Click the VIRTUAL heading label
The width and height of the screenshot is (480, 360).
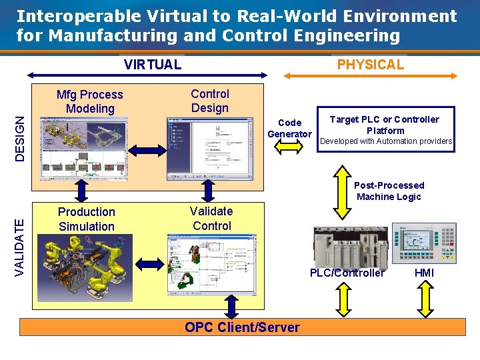153,65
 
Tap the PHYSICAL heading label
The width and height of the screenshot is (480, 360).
370,65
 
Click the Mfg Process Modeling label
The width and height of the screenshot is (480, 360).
90,101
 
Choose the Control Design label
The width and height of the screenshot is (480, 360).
210,101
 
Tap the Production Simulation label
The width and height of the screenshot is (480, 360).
87,219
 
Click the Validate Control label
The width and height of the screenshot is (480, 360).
211,218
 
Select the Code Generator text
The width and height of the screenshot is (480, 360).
289,128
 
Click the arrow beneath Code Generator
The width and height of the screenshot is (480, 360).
289,148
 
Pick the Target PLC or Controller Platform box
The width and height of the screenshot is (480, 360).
385,130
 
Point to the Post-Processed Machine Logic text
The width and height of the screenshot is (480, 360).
389,191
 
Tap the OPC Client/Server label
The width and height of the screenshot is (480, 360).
243,327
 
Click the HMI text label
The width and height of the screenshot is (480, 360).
424,273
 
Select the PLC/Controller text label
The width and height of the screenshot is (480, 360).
347,273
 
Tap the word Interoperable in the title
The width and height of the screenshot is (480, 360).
74,17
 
